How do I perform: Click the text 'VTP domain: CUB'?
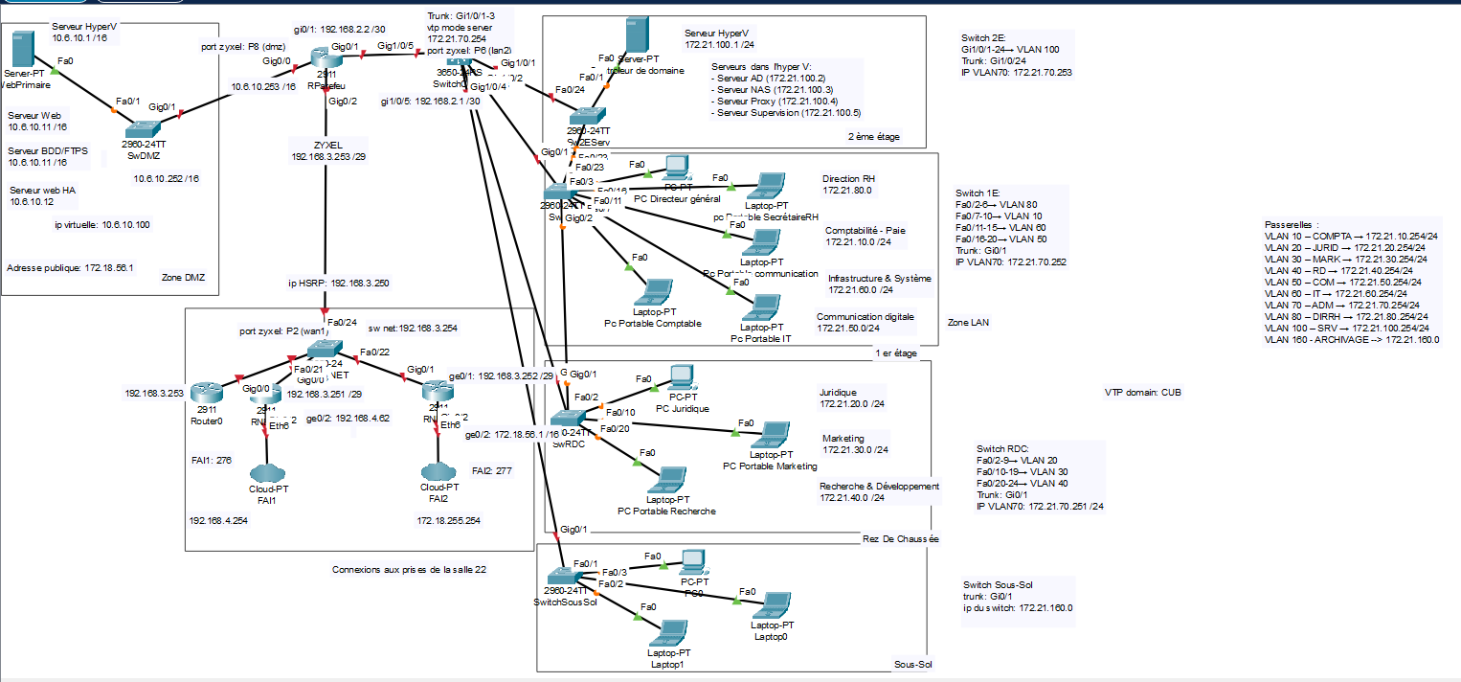(1142, 392)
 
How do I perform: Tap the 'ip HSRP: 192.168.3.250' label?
(338, 283)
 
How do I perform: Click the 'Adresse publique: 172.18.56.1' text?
(69, 268)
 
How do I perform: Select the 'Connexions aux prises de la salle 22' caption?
(409, 569)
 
